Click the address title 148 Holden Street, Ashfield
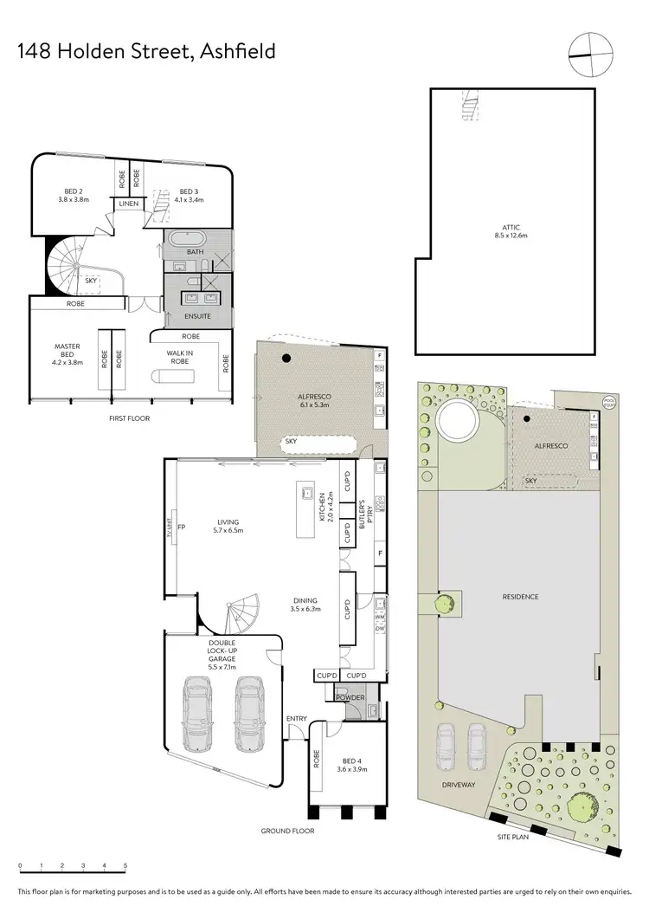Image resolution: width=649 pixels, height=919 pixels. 146,51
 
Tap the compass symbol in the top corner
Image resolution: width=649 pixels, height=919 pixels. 586,54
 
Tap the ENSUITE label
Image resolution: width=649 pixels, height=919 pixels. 197,317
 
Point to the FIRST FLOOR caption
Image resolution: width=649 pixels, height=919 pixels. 129,417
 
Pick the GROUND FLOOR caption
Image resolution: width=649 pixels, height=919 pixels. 288,831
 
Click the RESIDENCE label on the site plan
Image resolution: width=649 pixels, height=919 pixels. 520,597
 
